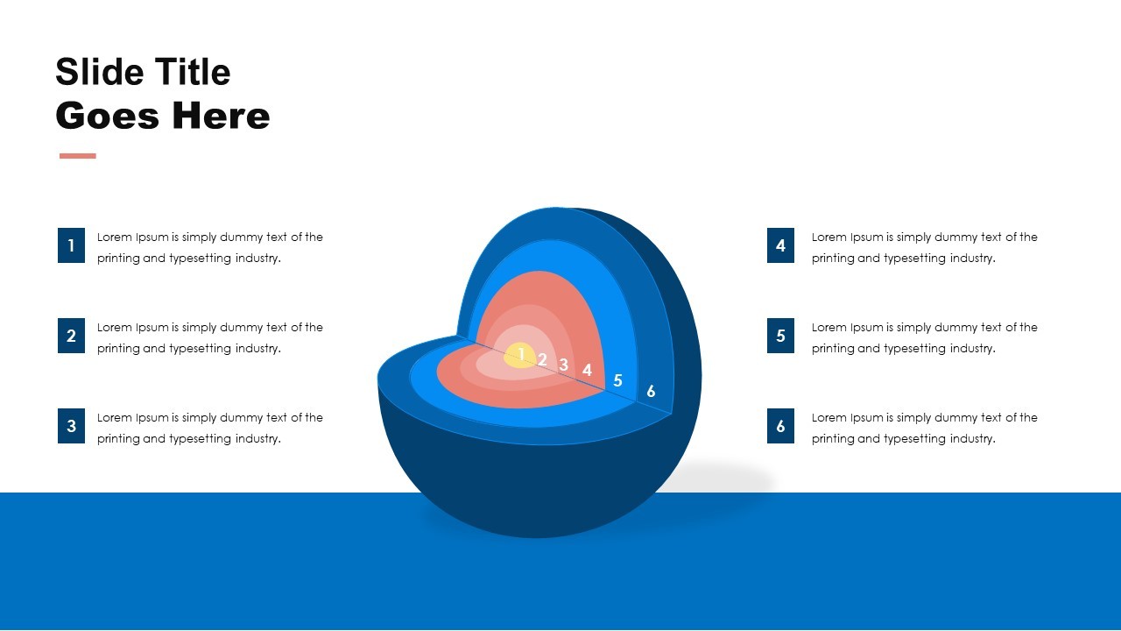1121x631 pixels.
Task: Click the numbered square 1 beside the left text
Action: tap(71, 245)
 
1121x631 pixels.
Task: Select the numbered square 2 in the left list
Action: tap(71, 336)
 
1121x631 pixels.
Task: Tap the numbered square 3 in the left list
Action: tap(71, 426)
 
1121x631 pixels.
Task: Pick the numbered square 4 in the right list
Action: tap(780, 245)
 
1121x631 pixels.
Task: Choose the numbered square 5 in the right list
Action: tap(780, 336)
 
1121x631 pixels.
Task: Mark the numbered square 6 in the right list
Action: tap(780, 426)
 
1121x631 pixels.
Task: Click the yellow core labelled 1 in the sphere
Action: tap(520, 354)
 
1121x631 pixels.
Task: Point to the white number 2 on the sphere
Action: tap(542, 359)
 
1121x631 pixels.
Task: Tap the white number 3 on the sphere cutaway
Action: tap(564, 365)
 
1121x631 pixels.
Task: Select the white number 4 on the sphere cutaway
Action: tap(587, 371)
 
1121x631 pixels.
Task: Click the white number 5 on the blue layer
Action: tap(617, 380)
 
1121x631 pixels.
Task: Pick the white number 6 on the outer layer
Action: tap(651, 392)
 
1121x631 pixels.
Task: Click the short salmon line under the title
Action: tap(77, 156)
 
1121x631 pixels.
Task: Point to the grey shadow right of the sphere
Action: tap(736, 482)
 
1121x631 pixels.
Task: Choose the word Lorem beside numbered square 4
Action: tap(829, 237)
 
